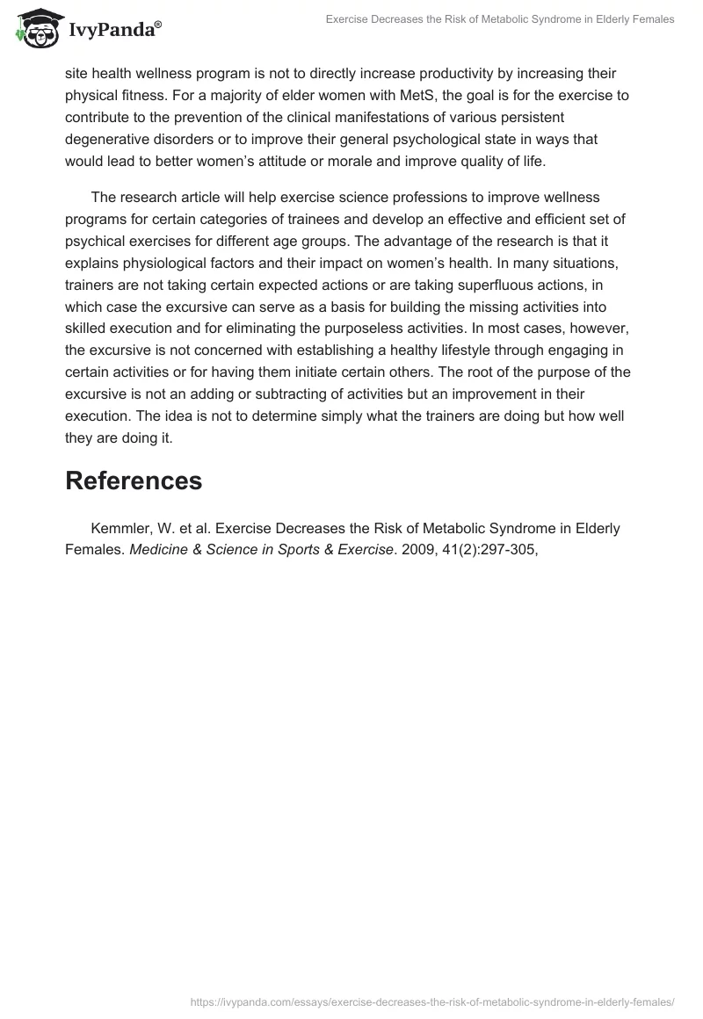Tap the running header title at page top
[500, 18]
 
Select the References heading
[134, 481]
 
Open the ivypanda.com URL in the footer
[432, 1001]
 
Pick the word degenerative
[107, 139]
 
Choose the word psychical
[98, 241]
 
